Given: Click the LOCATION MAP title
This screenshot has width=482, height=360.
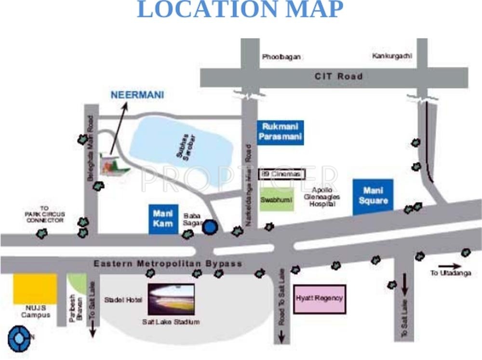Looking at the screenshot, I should point(240,10).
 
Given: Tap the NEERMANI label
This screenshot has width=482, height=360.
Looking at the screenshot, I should point(137,95).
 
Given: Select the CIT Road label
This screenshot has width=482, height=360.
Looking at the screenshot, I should point(338,76).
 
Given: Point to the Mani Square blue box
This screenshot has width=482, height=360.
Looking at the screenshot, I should point(373,197).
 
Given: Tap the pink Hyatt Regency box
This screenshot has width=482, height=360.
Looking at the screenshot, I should point(320,298).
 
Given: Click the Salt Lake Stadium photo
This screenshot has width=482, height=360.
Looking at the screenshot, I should point(171,299).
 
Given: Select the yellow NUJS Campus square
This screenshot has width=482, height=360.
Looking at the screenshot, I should point(34,289).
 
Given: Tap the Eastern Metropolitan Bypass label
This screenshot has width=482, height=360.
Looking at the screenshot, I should point(168,264).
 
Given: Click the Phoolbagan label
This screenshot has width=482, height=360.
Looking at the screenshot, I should point(281,57).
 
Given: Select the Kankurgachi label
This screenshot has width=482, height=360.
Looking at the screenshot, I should point(392,56).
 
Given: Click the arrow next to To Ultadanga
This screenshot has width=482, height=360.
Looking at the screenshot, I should point(449,266).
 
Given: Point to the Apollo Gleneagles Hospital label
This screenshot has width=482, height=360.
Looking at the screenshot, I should point(322,197).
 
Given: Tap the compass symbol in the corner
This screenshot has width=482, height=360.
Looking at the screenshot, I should point(18,340).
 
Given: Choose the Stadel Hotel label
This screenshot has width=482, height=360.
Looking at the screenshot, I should point(123,300).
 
